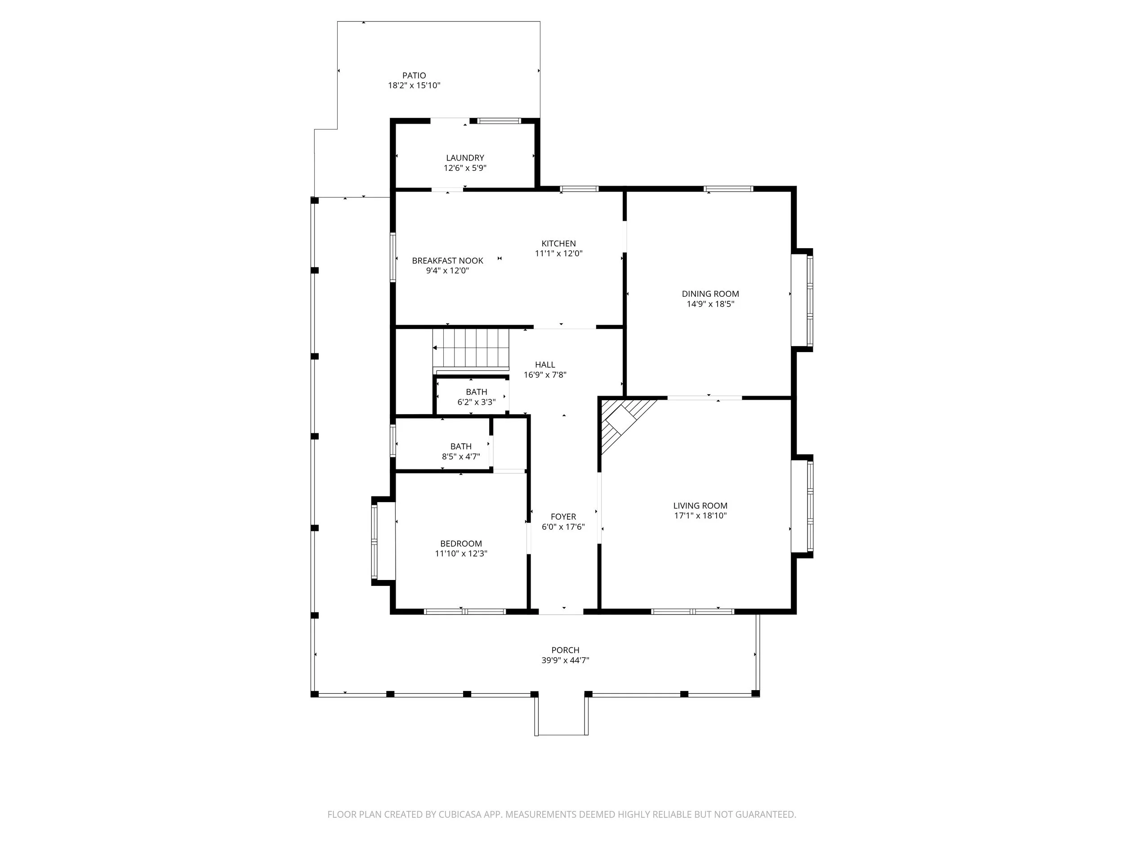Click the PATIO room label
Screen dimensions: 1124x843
pos(414,76)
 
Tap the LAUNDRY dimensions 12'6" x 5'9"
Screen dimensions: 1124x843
pos(465,168)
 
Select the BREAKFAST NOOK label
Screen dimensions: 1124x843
pos(448,261)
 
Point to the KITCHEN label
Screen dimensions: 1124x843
pos(558,243)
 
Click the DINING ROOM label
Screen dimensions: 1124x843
pos(710,294)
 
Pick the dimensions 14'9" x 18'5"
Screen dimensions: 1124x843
pos(710,304)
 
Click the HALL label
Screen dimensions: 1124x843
pos(545,365)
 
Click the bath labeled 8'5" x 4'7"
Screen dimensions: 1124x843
pos(442,445)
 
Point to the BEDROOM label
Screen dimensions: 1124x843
pos(461,544)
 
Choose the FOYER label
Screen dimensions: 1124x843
pos(563,517)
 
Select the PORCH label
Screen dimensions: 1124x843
pos(565,650)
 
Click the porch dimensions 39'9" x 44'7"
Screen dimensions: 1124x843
pos(565,660)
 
